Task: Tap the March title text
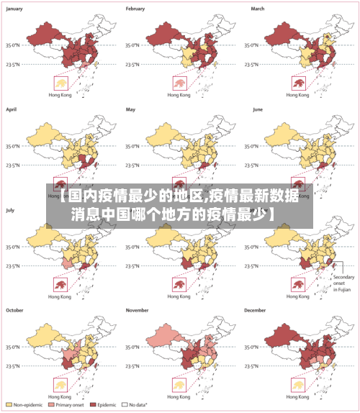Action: pos(258,9)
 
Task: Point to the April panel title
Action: pos(12,109)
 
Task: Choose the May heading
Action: pos(131,109)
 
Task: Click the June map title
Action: pos(257,109)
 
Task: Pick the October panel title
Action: pos(16,310)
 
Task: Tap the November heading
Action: pos(138,310)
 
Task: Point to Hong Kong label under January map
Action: pos(59,95)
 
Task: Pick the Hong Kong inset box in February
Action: pos(178,83)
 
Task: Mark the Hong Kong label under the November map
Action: pos(178,396)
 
